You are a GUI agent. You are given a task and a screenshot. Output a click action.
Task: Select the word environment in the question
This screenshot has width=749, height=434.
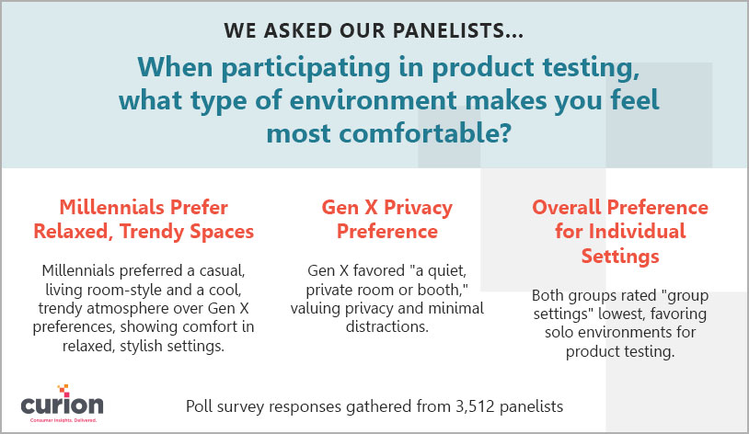click(373, 100)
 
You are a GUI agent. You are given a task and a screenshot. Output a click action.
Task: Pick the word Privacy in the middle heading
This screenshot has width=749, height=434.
click(418, 208)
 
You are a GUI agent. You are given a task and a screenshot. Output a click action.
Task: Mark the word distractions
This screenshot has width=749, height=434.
click(387, 326)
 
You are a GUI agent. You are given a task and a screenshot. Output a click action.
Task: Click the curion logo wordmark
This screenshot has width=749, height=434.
click(62, 405)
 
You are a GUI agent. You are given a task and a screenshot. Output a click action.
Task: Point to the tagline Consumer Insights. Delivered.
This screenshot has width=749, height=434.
click(63, 420)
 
